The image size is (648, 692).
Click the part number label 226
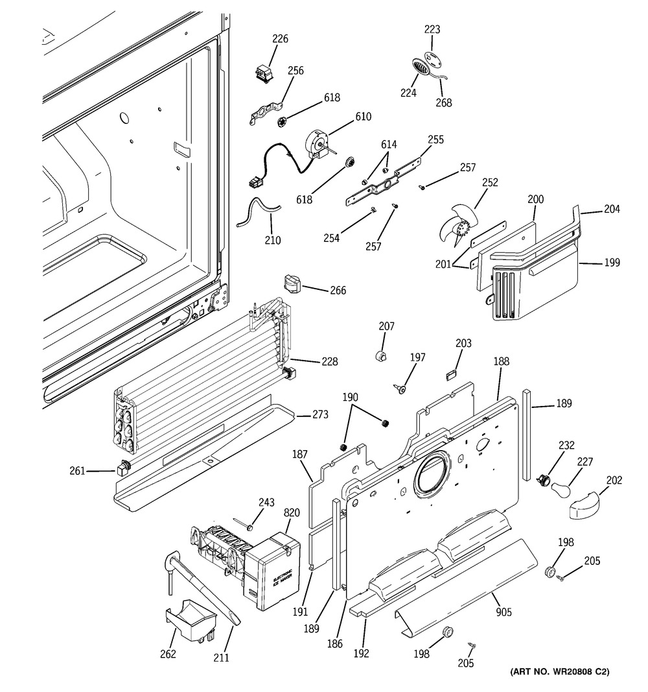point(280,39)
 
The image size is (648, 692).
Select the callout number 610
point(363,117)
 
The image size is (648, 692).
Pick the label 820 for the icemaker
point(292,512)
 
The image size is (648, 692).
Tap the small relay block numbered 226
point(263,73)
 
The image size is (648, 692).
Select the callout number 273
point(319,415)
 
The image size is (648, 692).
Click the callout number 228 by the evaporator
point(328,361)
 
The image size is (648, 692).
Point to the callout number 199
point(611,263)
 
